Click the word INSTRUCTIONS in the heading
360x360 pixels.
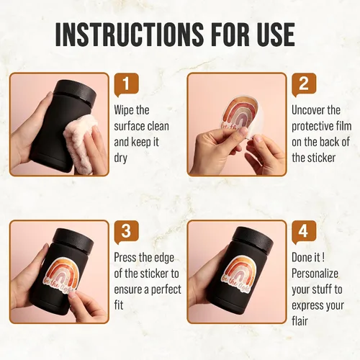[x=127, y=35]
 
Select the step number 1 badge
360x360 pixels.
[x=127, y=85]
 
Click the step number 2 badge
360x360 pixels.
[x=304, y=85]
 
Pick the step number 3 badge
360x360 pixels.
[x=127, y=232]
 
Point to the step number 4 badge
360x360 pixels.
[x=304, y=232]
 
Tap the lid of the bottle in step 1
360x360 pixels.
[x=76, y=91]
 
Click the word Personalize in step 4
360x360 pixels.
[x=315, y=274]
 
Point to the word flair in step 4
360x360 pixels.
[x=300, y=322]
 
